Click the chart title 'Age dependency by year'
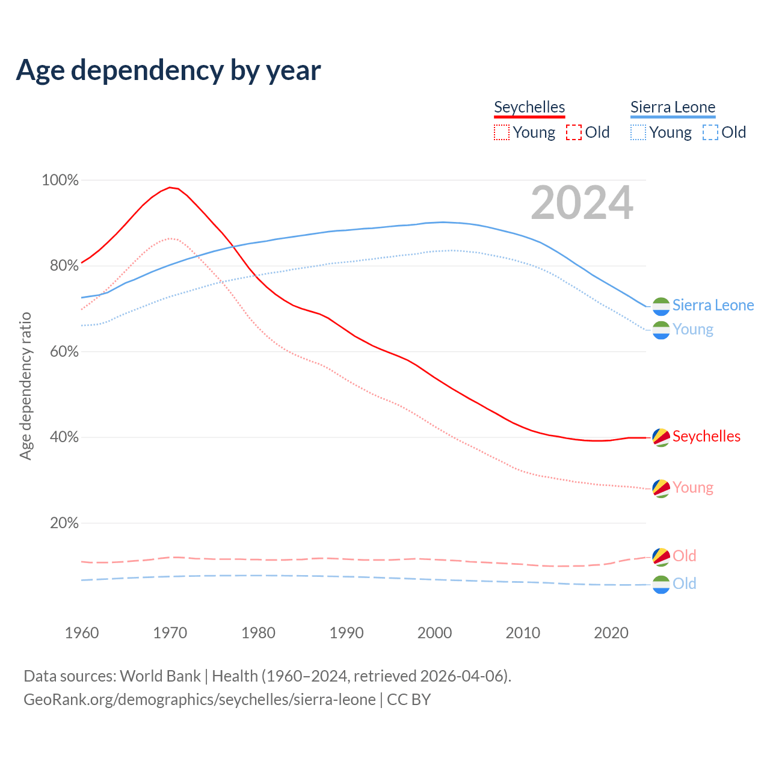pos(168,70)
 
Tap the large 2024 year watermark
pos(582,203)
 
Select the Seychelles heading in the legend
pos(529,107)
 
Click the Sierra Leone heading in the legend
pos(673,107)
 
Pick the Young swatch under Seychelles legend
pos(502,132)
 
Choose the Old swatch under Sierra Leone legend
pos(710,132)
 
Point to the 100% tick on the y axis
pos(60,180)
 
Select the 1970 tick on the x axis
pos(170,633)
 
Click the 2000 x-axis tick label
pos(435,633)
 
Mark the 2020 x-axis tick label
pos(611,633)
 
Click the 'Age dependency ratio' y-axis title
pos(25,386)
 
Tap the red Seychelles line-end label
pos(706,436)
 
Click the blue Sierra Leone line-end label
pos(713,305)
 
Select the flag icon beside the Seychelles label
pos(661,437)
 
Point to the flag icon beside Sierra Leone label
pos(661,306)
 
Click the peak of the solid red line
pos(170,187)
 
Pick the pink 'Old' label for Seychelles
pos(684,556)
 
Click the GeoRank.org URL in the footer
pos(199,700)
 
